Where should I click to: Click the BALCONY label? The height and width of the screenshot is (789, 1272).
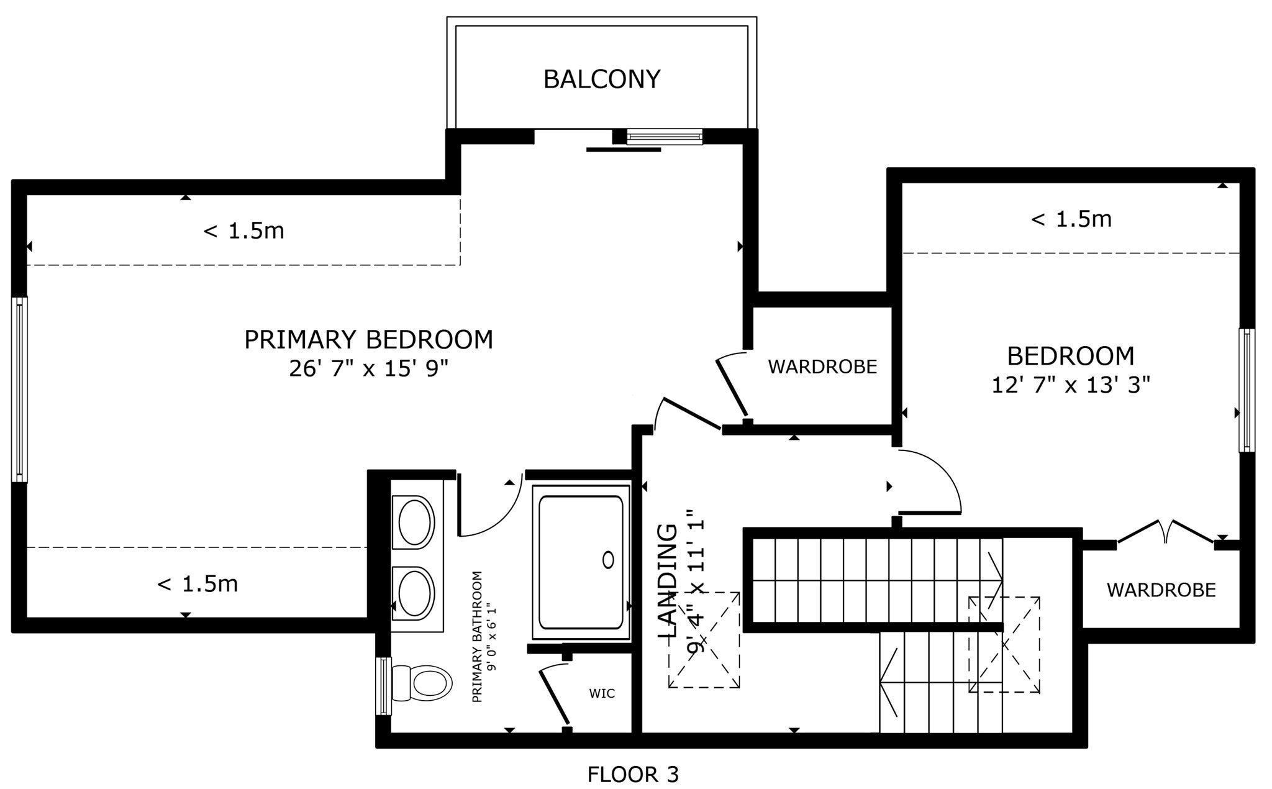tap(601, 80)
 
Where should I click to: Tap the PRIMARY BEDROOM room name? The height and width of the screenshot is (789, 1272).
tap(368, 340)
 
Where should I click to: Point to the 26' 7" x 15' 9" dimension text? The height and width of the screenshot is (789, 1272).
tap(368, 369)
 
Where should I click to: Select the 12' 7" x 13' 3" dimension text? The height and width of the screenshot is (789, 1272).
tap(1071, 385)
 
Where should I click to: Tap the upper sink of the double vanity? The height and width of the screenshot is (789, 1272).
tap(416, 522)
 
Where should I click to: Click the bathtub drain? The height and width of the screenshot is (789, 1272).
tap(608, 560)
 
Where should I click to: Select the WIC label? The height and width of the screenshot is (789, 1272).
tap(602, 693)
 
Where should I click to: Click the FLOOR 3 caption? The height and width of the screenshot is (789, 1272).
tap(633, 775)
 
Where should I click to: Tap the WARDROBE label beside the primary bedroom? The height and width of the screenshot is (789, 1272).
tap(822, 367)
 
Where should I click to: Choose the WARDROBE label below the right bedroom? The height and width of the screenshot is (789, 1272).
tap(1161, 590)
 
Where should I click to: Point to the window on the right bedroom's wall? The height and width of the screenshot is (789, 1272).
tap(1247, 390)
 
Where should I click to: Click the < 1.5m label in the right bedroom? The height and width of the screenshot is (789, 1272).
tap(1071, 219)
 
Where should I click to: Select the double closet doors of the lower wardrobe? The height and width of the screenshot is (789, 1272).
tap(1165, 532)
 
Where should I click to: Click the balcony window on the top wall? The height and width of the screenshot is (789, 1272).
tap(664, 137)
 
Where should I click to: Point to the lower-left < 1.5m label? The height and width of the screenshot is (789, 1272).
tap(198, 584)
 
